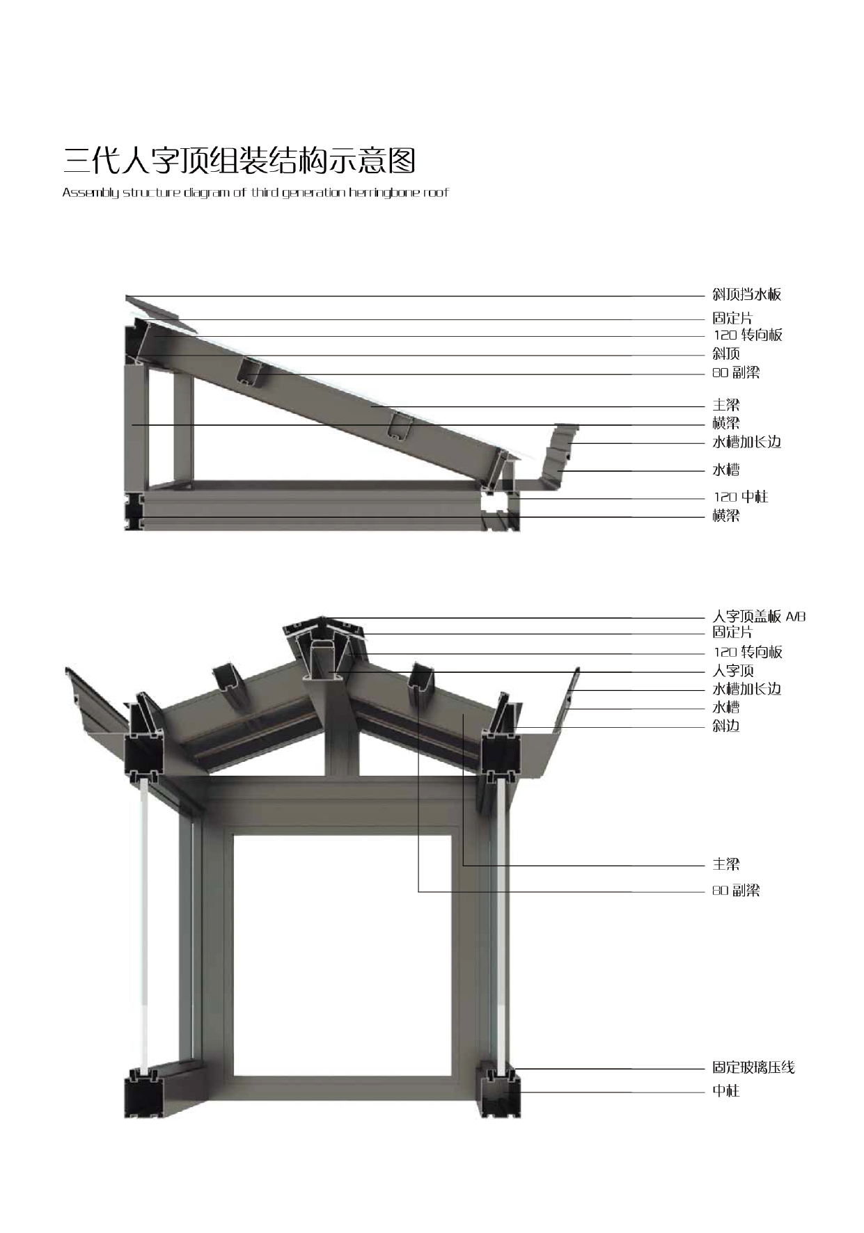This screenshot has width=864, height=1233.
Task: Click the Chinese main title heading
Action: [239, 161]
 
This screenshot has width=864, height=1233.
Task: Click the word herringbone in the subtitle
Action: [384, 193]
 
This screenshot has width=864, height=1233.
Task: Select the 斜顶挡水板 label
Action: [746, 294]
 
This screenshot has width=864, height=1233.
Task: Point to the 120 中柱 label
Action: [740, 497]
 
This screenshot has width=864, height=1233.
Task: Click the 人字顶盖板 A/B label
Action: [758, 616]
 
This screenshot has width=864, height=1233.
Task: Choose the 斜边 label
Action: [725, 726]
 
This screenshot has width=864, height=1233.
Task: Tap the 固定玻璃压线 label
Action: [753, 1067]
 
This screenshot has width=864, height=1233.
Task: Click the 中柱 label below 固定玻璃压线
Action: [725, 1091]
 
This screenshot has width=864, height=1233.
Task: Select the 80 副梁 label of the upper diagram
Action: [735, 373]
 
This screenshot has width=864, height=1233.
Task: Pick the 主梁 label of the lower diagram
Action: [725, 864]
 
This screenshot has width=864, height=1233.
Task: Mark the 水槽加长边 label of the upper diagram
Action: [746, 442]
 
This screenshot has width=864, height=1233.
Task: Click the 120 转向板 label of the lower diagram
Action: [747, 652]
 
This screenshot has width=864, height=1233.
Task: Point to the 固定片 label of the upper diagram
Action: [732, 318]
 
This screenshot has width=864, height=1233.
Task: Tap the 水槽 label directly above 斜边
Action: [725, 708]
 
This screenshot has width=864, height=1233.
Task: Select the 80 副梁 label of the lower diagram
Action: [735, 890]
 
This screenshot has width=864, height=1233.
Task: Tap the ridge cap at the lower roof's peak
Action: [323, 627]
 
